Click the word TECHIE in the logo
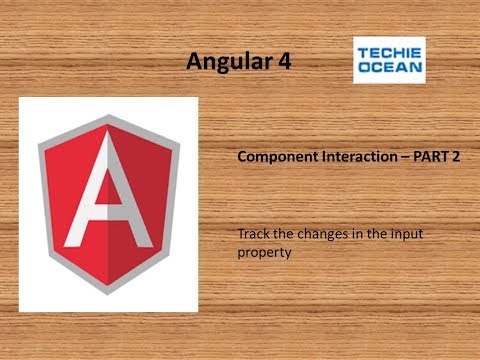coord(389,53)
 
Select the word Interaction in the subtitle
coord(351,158)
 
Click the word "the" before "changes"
coord(284,234)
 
